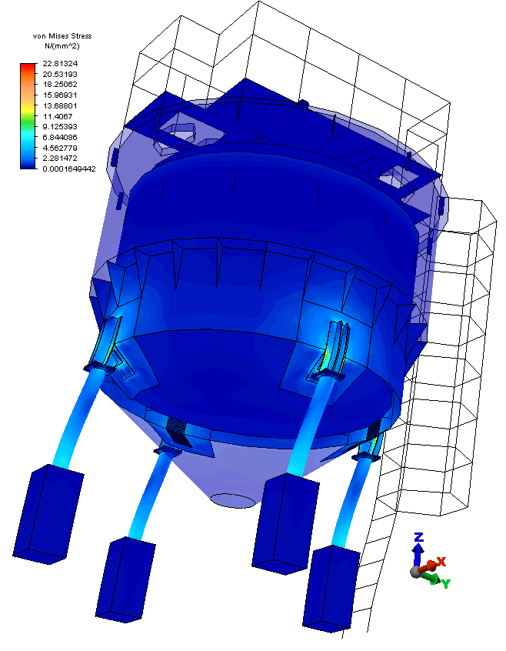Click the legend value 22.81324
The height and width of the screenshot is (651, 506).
pyautogui.click(x=60, y=64)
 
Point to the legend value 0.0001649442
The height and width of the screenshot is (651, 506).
pyautogui.click(x=69, y=169)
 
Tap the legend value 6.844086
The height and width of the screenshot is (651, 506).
pyautogui.click(x=60, y=137)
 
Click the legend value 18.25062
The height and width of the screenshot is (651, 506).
pyautogui.click(x=60, y=85)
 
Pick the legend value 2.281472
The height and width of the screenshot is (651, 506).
pyautogui.click(x=60, y=159)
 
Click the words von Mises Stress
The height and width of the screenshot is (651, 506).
pyautogui.click(x=62, y=36)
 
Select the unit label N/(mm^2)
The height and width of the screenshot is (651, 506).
pyautogui.click(x=62, y=46)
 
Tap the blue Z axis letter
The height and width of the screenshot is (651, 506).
pyautogui.click(x=419, y=537)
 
